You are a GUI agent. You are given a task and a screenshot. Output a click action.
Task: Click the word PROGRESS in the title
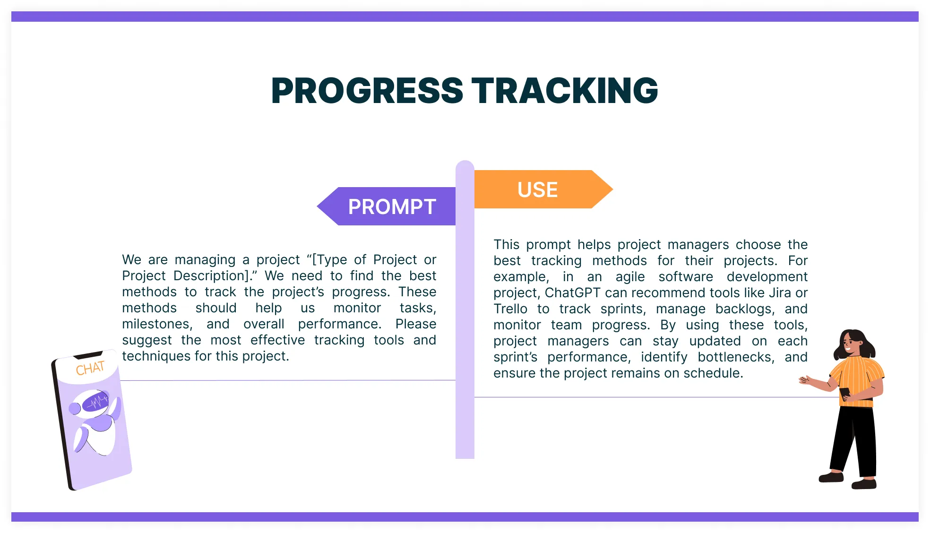point(367,91)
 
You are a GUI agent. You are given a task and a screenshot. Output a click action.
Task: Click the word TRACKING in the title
point(565,91)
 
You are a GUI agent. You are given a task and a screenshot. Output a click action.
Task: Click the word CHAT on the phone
point(90,368)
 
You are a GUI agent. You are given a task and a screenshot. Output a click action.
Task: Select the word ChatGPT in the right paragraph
point(572,293)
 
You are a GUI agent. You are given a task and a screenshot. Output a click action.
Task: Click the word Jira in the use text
point(780,293)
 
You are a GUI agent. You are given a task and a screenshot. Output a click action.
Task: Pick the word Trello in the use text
point(510,309)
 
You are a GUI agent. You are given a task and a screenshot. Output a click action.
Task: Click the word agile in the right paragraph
point(630,277)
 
